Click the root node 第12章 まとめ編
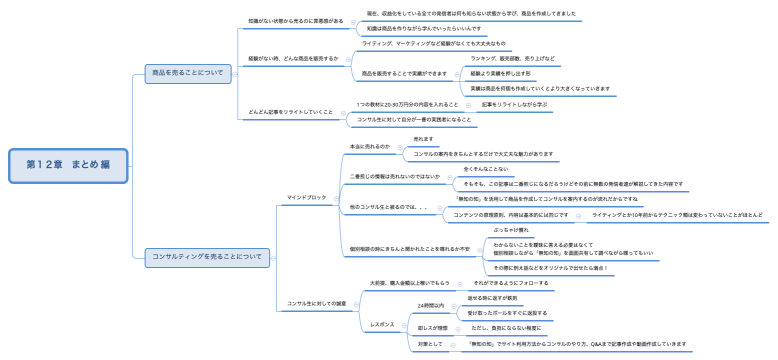click(69, 164)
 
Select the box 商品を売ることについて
click(187, 74)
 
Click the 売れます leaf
click(423, 139)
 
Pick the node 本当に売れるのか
click(370, 147)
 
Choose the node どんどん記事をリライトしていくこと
click(290, 112)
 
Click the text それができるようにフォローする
click(527, 283)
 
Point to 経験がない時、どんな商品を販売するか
click(294, 59)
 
